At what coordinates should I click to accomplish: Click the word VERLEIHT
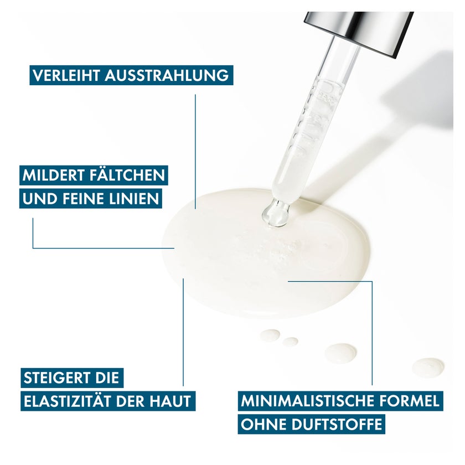66,76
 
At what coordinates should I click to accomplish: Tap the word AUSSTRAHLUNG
167,76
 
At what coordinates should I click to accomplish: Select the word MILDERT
53,175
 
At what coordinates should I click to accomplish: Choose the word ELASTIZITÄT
68,401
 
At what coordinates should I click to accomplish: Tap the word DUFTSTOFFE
337,425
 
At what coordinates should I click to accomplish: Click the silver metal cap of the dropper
359,33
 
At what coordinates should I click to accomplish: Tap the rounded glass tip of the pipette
275,214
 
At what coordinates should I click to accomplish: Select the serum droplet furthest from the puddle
428,368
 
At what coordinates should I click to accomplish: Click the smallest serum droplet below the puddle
290,342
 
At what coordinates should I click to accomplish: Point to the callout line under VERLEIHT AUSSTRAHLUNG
195,152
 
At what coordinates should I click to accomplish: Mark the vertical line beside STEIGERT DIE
183,332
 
